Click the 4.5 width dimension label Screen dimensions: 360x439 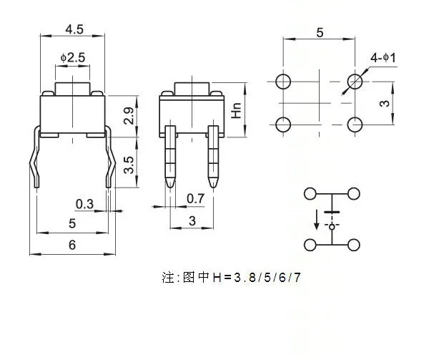[74, 29]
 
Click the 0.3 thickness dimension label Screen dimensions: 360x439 [84, 204]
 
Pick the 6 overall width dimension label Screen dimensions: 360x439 [71, 245]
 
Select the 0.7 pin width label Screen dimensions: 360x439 [195, 198]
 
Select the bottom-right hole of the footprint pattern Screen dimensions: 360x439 [354, 124]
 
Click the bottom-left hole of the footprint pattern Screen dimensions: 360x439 [283, 124]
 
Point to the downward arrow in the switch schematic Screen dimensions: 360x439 [314, 218]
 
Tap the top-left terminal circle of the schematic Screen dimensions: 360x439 [310, 193]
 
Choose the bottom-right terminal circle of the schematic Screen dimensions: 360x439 [354, 245]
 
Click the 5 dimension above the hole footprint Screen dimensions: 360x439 [319, 33]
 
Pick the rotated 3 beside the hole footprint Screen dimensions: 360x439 [383, 103]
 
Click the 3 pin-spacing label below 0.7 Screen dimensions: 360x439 [192, 222]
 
